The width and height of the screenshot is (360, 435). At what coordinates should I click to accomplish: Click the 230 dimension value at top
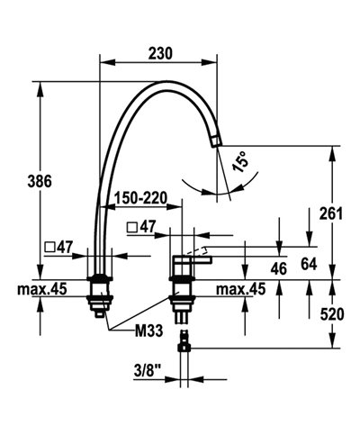coord(159,54)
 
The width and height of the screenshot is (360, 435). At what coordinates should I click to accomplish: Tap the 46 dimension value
coord(278,269)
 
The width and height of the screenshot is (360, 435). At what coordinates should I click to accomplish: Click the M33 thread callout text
coord(148,331)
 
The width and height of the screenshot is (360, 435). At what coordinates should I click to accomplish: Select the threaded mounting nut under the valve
coord(184,297)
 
